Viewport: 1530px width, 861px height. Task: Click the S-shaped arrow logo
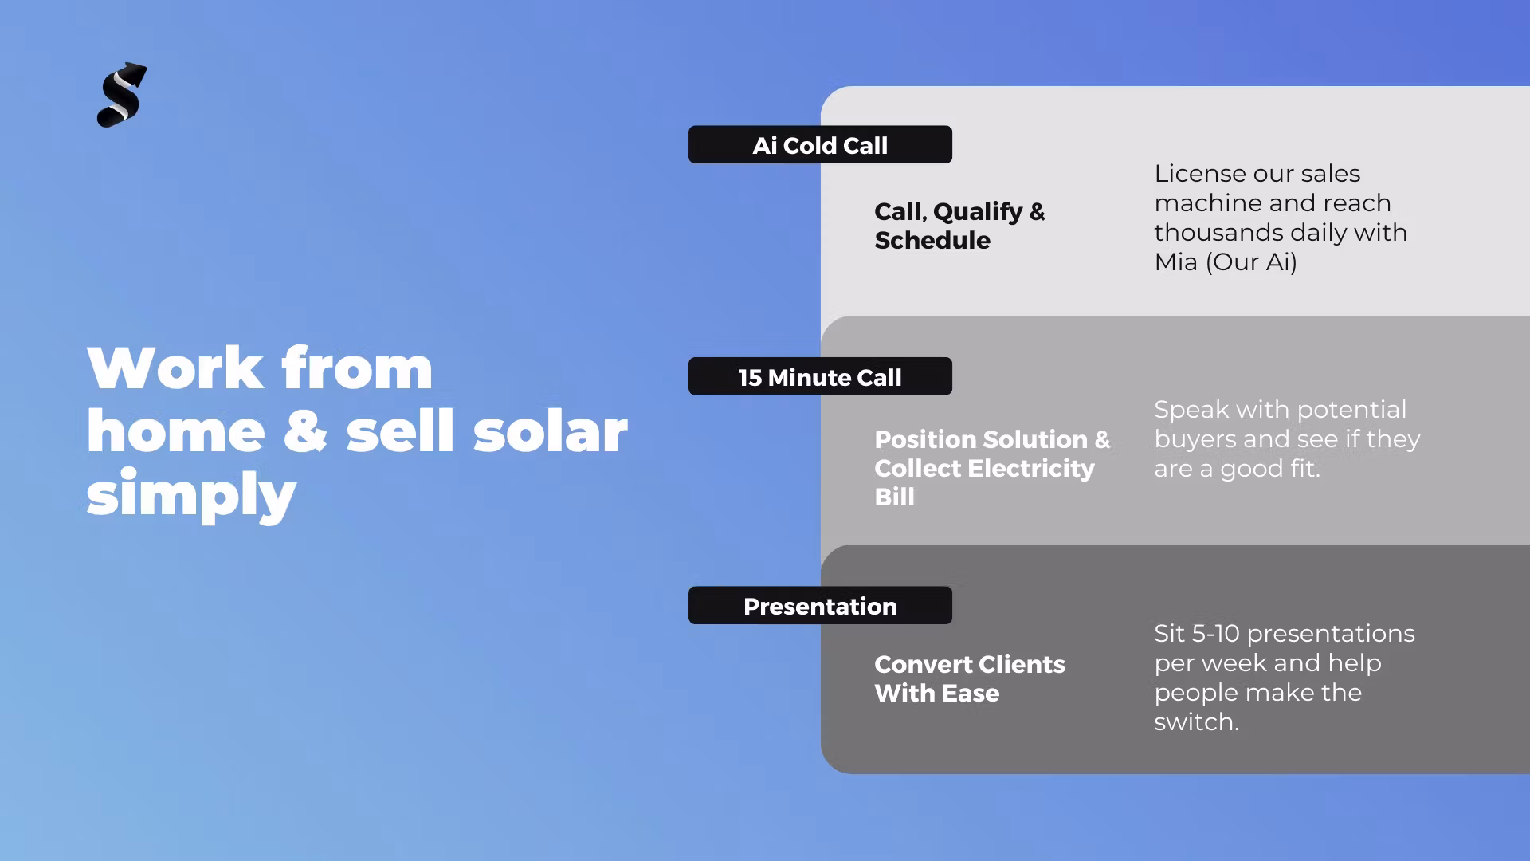122,95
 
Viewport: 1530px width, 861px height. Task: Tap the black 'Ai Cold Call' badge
820,145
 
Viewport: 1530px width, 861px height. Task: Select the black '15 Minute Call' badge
820,376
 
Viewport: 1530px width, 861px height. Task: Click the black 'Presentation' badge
820,606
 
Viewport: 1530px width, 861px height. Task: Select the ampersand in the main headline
305,432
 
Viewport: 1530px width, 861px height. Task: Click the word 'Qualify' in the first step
978,212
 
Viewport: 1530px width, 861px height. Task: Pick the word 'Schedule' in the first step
932,241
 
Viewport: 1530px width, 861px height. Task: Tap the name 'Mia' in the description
1176,262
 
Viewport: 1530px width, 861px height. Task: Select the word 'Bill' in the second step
894,497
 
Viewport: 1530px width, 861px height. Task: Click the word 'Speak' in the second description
1191,411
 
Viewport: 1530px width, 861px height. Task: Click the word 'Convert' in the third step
924,665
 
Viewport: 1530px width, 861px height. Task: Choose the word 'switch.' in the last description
1196,722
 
